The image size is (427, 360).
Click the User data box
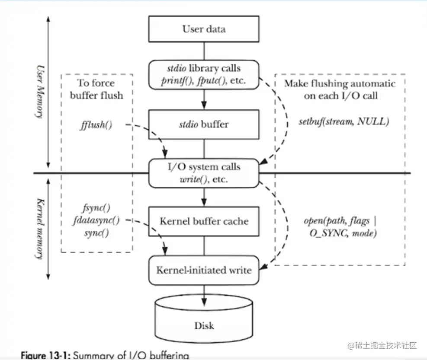[204, 29]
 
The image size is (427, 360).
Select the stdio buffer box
[204, 124]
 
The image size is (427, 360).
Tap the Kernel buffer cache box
[204, 221]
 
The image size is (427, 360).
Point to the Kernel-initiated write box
[204, 271]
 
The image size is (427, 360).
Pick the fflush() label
[96, 126]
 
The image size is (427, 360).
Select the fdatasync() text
[96, 220]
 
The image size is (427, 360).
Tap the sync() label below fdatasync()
[96, 233]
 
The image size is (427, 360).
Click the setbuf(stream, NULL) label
[344, 121]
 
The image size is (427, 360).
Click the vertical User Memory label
[40, 92]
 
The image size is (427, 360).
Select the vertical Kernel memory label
[40, 229]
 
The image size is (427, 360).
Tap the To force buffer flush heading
[96, 89]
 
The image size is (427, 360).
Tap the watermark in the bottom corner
[381, 346]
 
